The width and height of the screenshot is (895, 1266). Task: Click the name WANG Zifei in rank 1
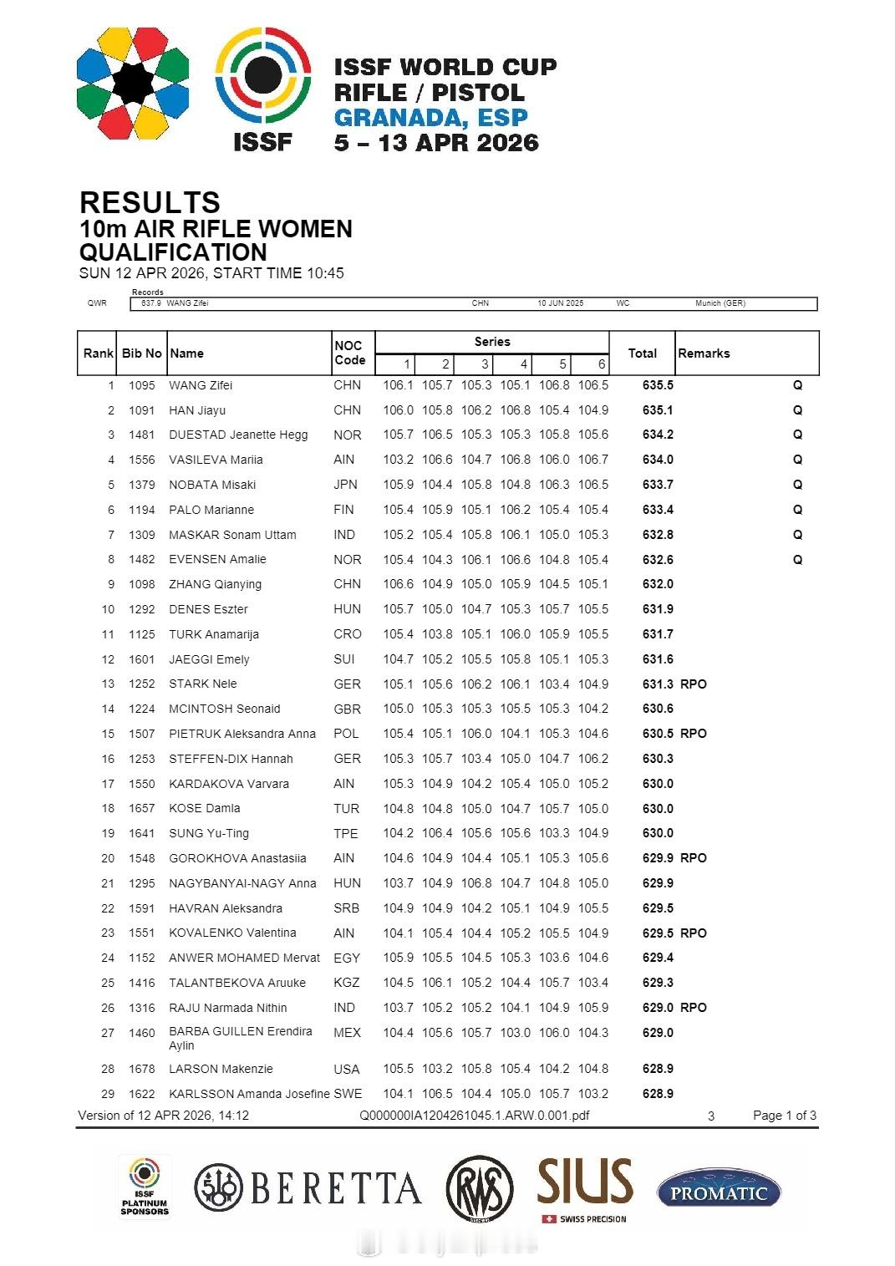[201, 385]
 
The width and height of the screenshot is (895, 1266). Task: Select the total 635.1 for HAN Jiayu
[658, 410]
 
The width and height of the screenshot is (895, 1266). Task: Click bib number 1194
[142, 510]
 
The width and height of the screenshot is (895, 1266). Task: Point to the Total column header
[642, 353]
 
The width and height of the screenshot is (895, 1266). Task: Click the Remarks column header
[704, 353]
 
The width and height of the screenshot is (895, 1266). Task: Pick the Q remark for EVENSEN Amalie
[797, 560]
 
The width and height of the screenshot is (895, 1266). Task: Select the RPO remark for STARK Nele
[694, 684]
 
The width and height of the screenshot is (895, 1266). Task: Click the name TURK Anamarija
[213, 634]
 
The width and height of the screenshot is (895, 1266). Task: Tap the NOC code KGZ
[346, 983]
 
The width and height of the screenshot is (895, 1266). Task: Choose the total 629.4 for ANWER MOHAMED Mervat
[658, 958]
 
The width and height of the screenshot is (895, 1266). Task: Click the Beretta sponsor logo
[308, 1188]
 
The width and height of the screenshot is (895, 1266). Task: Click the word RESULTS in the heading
[150, 202]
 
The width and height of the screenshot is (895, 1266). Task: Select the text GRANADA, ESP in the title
[430, 117]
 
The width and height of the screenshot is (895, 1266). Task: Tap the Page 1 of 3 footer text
[784, 1116]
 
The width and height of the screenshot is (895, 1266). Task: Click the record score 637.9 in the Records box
[150, 303]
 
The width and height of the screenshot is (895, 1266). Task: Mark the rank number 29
[108, 1094]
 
